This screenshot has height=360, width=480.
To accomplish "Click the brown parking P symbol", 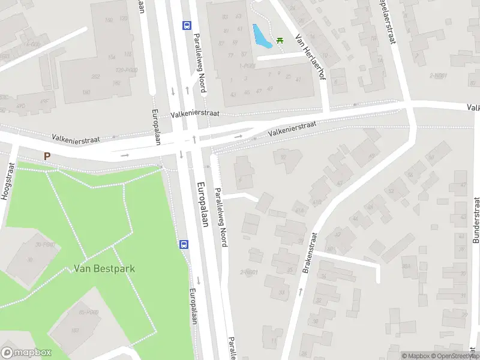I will point(47,156).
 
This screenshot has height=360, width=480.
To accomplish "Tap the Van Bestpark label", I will point(104,268).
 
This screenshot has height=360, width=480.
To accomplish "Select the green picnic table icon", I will point(280,40).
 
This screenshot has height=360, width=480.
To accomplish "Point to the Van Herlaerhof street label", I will point(310,59).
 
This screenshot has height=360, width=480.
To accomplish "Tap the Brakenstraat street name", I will point(311,253).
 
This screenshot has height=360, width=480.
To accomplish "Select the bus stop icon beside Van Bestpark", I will point(184,244).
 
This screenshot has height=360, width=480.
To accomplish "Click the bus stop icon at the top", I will point(187,25).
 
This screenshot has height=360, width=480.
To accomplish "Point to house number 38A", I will point(406,266).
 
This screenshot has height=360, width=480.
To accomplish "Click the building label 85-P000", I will point(88,312).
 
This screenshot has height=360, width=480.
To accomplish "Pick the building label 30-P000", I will point(45,244).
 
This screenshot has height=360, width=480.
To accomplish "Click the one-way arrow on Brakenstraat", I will point(300,292).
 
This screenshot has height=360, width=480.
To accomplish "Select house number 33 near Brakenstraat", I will point(282,292).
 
